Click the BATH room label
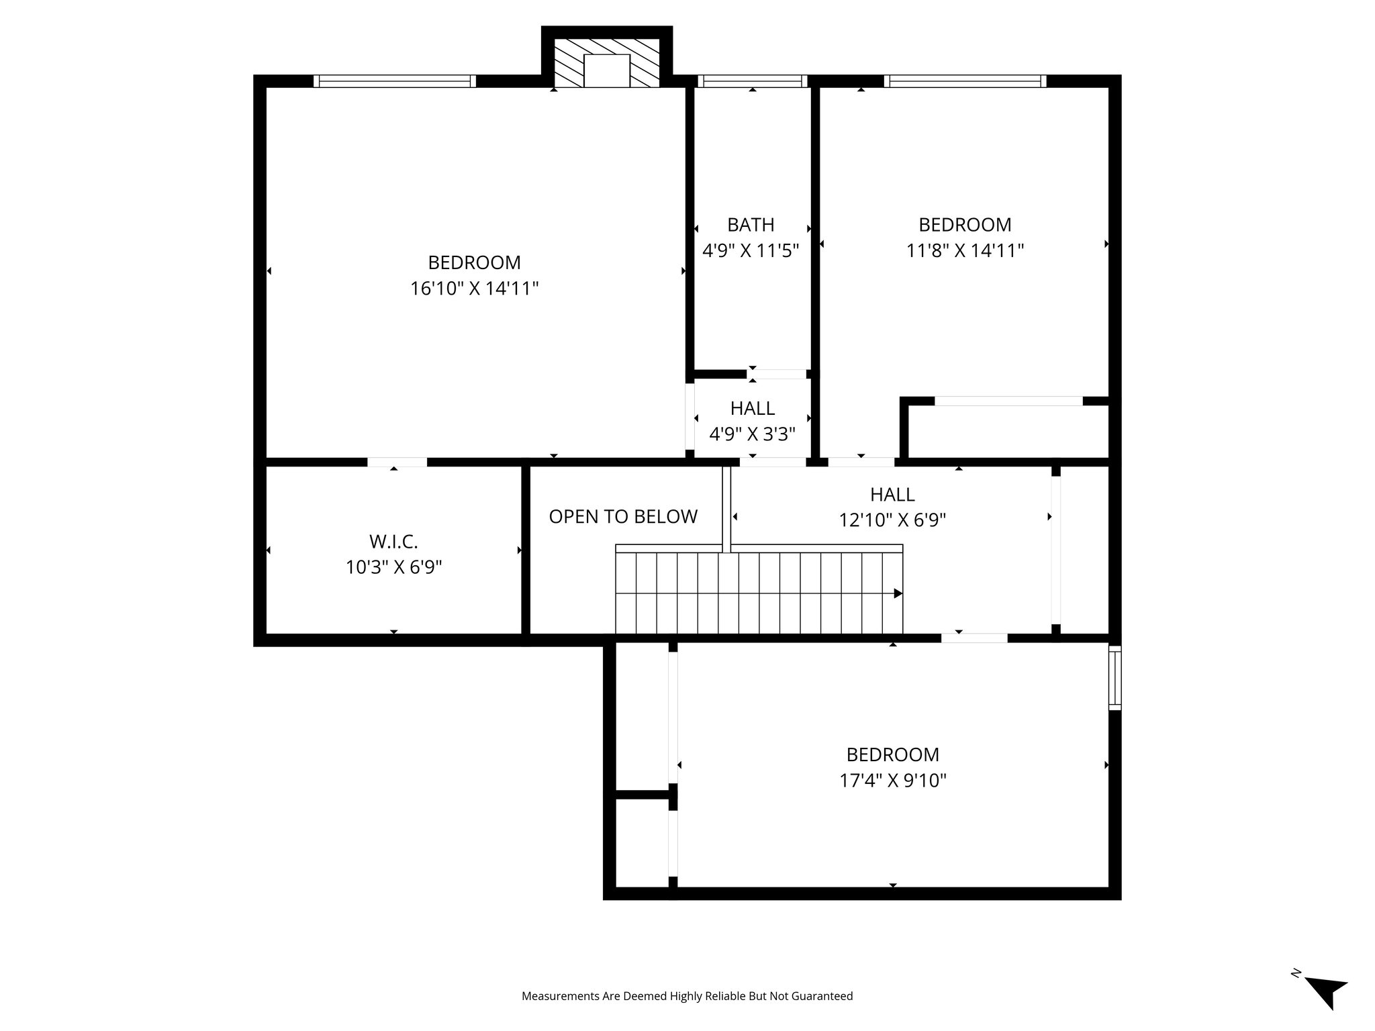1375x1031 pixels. [751, 224]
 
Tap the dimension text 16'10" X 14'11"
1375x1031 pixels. [475, 289]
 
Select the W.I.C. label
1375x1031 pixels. [393, 541]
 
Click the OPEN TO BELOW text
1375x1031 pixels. [623, 516]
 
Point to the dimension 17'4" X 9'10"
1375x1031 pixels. [892, 781]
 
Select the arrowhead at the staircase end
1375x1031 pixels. [898, 593]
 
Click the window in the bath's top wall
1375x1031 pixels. [752, 81]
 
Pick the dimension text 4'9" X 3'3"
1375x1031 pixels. [752, 434]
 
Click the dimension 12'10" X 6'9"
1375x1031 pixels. [892, 520]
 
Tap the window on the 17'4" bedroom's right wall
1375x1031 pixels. [1115, 678]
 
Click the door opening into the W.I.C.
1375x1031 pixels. [397, 462]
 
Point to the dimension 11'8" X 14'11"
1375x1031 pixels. [965, 251]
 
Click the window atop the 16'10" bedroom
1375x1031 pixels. [395, 81]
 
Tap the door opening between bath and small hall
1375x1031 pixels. [777, 374]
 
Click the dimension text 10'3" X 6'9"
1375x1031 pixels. [393, 568]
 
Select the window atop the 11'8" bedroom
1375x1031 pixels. [965, 81]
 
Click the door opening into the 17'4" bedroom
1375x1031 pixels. [974, 638]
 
